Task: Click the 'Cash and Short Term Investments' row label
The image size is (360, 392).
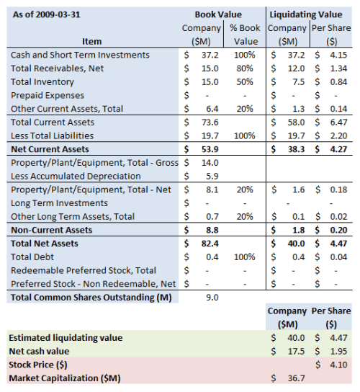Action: tap(81, 55)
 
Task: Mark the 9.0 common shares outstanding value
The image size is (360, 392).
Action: tap(211, 297)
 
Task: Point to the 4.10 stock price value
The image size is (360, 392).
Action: tap(338, 365)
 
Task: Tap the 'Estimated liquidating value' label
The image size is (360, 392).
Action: tap(66, 337)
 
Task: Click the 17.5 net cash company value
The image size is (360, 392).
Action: tap(297, 351)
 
